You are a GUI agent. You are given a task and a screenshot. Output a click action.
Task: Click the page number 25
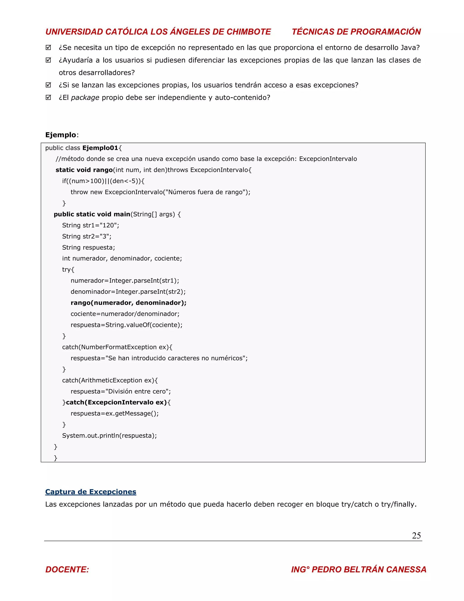pos(416,535)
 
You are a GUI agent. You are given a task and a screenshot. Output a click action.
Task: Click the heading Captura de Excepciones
pos(90,492)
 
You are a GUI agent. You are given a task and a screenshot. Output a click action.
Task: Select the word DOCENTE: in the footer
pos(67,569)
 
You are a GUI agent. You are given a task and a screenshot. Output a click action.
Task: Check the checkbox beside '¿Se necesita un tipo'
pos(48,48)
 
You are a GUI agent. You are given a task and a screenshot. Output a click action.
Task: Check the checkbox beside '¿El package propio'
pos(48,98)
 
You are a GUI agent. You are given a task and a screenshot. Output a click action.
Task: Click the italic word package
pos(85,98)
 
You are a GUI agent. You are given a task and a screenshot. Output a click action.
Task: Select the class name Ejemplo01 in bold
pos(100,148)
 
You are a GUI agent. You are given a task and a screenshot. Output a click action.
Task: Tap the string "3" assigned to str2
pos(104,236)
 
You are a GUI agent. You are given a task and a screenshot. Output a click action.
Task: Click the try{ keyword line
pos(68,270)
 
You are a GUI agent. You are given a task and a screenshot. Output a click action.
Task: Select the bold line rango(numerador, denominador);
pos(128,303)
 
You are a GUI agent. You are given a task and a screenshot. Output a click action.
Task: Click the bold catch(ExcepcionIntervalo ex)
pos(116,402)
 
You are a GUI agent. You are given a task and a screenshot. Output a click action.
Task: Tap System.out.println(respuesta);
pos(109,436)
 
